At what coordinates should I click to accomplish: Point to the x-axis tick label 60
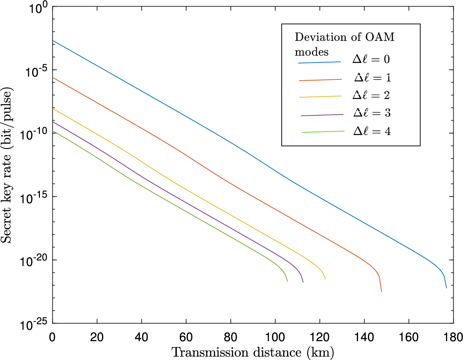[186, 337]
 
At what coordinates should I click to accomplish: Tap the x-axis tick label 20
[97, 337]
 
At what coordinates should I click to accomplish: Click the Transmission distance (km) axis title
[253, 352]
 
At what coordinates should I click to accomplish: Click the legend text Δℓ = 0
[371, 59]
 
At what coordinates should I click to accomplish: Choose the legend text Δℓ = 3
[372, 113]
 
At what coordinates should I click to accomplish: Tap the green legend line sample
[323, 132]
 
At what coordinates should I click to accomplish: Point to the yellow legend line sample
[320, 96]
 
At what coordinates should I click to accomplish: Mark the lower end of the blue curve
[446, 288]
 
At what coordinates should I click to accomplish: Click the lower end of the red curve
[381, 291]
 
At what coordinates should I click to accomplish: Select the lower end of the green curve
[287, 281]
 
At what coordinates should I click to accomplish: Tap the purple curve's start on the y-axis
[53, 122]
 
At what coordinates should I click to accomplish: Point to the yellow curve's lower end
[326, 279]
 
